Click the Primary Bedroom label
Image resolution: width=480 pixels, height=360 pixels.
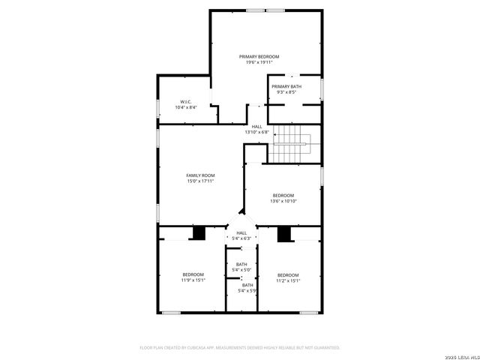click(259, 57)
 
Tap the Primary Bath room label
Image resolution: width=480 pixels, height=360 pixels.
click(286, 87)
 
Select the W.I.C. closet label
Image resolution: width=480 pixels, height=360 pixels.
click(186, 102)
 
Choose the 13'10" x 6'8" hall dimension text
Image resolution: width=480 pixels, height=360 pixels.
click(256, 132)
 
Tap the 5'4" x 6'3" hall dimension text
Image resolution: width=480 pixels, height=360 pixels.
click(241, 238)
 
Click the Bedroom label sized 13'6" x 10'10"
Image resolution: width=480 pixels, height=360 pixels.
click(283, 195)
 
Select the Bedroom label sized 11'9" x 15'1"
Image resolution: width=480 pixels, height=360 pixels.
click(193, 274)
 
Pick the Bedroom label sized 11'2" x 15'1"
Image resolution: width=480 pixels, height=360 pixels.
click(288, 274)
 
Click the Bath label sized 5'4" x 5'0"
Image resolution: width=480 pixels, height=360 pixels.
click(241, 264)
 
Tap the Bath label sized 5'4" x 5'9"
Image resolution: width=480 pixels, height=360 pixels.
click(247, 285)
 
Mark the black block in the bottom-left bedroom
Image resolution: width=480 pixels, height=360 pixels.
click(199, 233)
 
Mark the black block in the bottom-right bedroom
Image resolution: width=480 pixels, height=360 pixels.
click(284, 234)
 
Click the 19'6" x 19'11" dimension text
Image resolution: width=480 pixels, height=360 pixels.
click(259, 62)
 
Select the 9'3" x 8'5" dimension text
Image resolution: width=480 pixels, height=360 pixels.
click(286, 92)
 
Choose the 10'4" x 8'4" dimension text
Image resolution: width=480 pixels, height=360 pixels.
click(186, 107)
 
